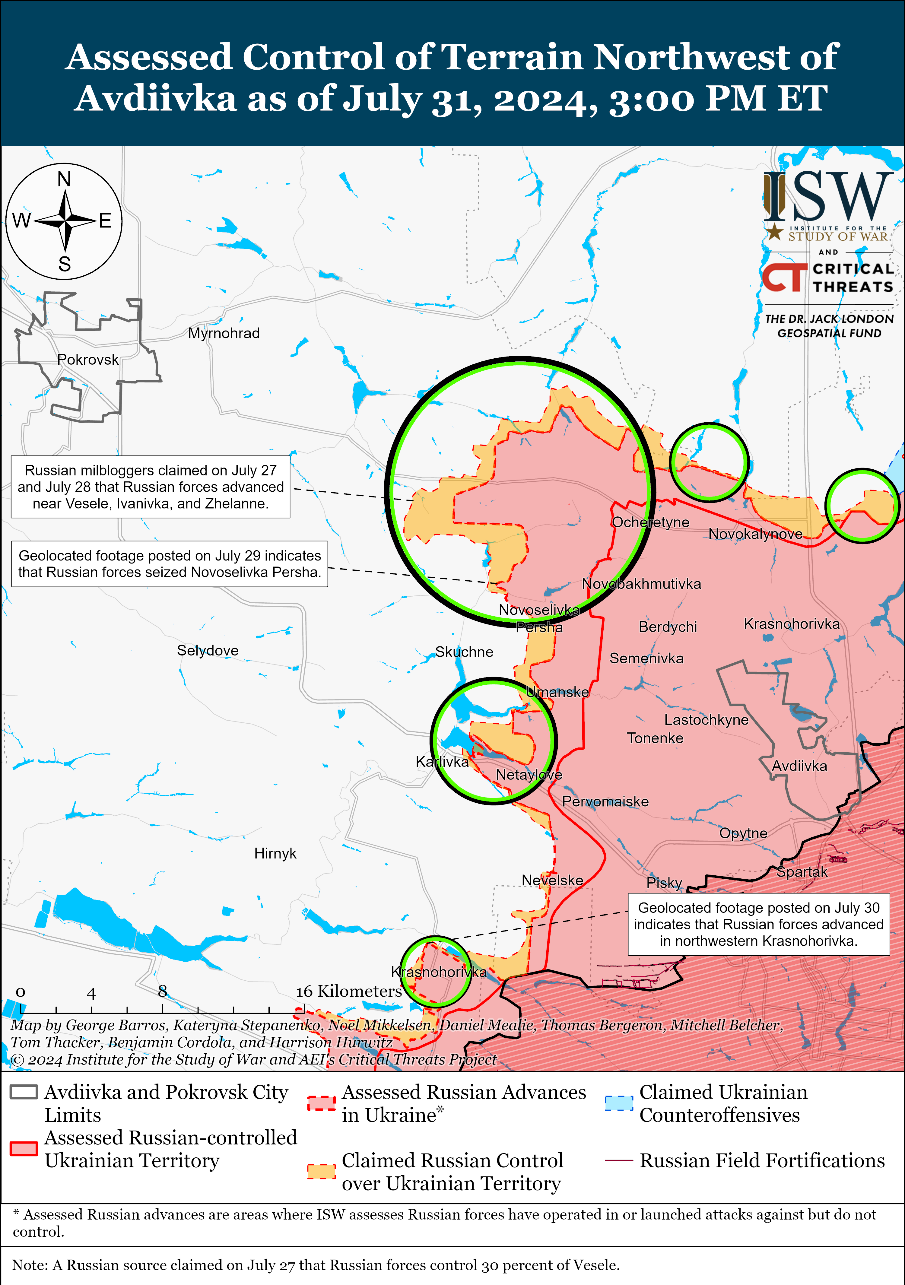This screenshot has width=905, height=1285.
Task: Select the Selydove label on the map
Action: coord(208,650)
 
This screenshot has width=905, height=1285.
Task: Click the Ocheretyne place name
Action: coord(650,522)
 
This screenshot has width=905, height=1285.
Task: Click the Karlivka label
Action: coord(442,762)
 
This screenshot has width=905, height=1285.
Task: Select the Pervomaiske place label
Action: coord(605,801)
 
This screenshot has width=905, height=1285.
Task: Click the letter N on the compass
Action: coord(64,179)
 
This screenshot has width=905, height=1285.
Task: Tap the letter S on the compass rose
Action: coord(64,264)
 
